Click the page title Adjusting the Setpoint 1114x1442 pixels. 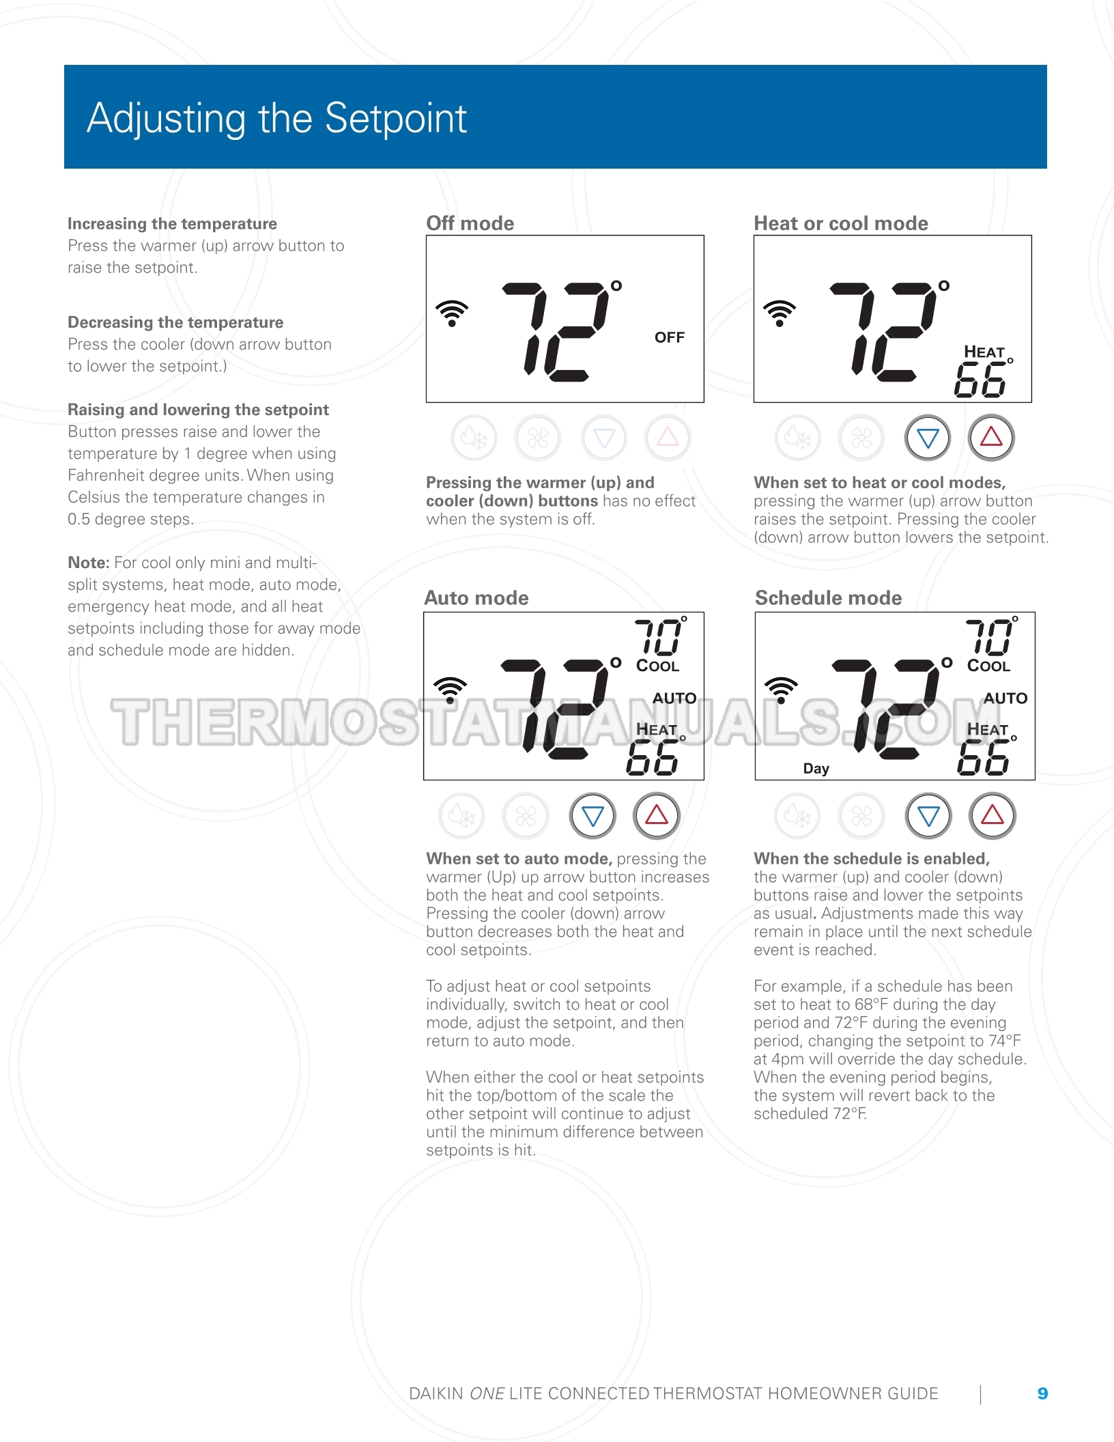pos(276,118)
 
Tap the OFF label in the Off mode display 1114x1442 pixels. pos(669,337)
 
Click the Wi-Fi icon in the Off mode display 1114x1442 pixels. pos(451,313)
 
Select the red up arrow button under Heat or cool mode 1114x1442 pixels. pos(991,438)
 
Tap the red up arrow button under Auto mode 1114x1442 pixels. pos(656,815)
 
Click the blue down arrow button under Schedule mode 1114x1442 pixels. pos(928,815)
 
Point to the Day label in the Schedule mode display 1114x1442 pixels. pos(816,768)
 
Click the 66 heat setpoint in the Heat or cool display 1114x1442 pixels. pos(980,380)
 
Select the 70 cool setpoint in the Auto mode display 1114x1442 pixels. pos(658,636)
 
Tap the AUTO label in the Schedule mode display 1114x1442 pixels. pos(1005,698)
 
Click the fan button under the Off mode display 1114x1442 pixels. pos(537,438)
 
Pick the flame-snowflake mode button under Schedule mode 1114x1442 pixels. pos(797,815)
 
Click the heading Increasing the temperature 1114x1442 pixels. pos(172,223)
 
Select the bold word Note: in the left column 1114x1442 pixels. pos(89,563)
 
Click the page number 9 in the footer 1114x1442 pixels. pos(1042,1394)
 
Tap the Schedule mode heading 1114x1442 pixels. pos(828,597)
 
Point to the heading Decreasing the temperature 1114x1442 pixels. pos(175,322)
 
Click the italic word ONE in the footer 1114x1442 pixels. pos(487,1394)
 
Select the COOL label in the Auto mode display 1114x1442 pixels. pos(657,666)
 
